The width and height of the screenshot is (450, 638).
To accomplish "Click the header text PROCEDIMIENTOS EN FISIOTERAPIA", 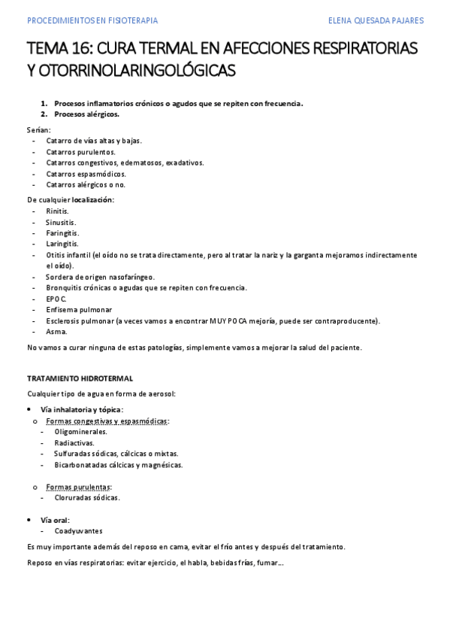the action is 92,21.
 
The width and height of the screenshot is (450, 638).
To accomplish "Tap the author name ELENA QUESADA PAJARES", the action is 376,21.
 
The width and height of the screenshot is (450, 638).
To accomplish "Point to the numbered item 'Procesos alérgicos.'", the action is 86,114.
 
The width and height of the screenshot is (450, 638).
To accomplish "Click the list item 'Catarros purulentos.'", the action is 80,151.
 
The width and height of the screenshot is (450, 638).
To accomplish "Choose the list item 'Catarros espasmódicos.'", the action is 86,174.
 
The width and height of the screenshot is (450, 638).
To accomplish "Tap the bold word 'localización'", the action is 92,199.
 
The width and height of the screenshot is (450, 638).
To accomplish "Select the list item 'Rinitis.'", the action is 57,211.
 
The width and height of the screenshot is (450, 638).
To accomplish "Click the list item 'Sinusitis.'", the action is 61,222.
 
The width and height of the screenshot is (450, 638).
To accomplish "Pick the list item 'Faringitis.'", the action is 62,232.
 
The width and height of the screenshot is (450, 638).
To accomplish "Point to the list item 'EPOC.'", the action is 56,299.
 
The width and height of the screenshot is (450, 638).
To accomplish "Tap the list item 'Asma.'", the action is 56,332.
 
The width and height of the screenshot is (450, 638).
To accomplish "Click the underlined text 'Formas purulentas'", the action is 78,487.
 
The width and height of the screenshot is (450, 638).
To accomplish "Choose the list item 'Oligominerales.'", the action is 80,432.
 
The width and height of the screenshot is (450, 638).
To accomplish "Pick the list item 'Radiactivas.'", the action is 74,443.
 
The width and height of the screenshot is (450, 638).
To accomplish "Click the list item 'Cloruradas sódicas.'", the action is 86,497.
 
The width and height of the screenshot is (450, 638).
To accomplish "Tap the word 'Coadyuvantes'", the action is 78,530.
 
